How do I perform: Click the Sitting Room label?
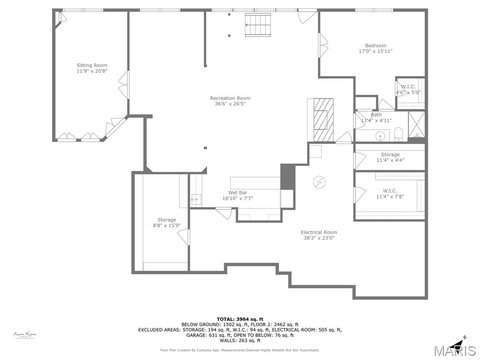click(x=92, y=65)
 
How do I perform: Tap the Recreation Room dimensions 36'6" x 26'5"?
click(x=230, y=104)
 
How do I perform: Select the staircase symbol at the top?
click(x=258, y=24)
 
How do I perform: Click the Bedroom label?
click(x=375, y=45)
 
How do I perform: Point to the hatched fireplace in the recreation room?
click(x=321, y=120)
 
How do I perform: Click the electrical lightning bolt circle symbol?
click(x=319, y=182)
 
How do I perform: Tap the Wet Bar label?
click(x=238, y=193)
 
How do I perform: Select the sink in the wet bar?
click(x=195, y=200)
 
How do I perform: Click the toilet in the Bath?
click(x=398, y=135)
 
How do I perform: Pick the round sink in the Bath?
click(x=381, y=136)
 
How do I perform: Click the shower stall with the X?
click(x=416, y=124)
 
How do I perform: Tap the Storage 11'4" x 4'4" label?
click(x=390, y=154)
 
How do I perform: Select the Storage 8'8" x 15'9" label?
click(x=166, y=220)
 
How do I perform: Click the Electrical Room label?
click(x=319, y=232)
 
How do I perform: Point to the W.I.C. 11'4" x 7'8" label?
click(x=390, y=191)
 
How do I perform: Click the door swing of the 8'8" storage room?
click(x=184, y=237)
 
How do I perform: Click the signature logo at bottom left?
click(x=24, y=335)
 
